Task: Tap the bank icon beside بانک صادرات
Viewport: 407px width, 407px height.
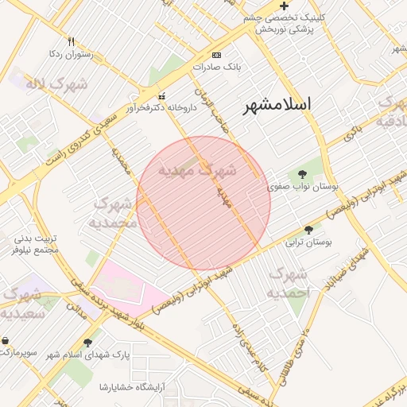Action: [217, 56]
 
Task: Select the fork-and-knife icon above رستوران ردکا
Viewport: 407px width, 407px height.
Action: [71, 41]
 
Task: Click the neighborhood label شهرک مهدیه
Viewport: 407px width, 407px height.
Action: [196, 170]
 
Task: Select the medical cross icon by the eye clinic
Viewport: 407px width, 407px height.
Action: [284, 6]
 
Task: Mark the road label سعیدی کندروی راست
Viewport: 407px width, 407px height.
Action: [78, 131]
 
